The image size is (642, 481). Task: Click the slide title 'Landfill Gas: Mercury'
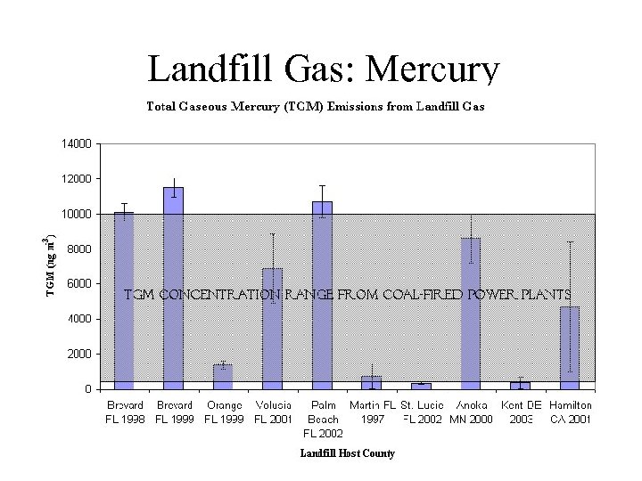pos(324,69)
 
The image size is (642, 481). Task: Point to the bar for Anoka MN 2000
pos(470,313)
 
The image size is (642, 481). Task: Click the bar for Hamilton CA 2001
pos(569,347)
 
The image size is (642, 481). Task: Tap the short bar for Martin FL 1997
pos(371,383)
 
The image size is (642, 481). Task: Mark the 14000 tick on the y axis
pos(76,143)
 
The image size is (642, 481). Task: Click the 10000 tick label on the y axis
pos(76,214)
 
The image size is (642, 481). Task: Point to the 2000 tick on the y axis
pos(78,354)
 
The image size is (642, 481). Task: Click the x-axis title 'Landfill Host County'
pos(347,454)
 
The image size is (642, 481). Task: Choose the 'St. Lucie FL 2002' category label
pos(422,412)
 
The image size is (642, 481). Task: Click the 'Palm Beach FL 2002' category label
pos(322,419)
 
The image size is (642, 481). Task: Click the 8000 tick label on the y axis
pos(78,249)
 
